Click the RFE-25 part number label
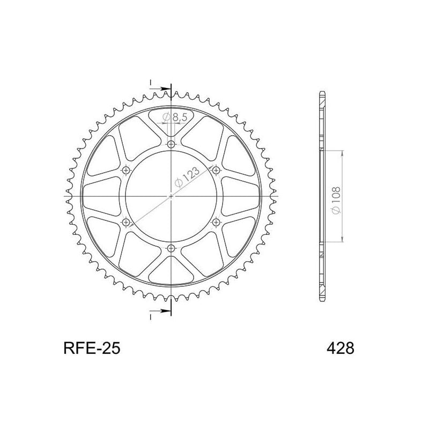88,349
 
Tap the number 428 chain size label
339,349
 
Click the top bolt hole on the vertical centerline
171,144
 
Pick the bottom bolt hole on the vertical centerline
171,248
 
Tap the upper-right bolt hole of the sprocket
216,170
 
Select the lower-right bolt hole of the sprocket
216,222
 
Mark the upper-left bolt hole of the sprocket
127,170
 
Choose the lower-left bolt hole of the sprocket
127,222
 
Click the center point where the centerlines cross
171,196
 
